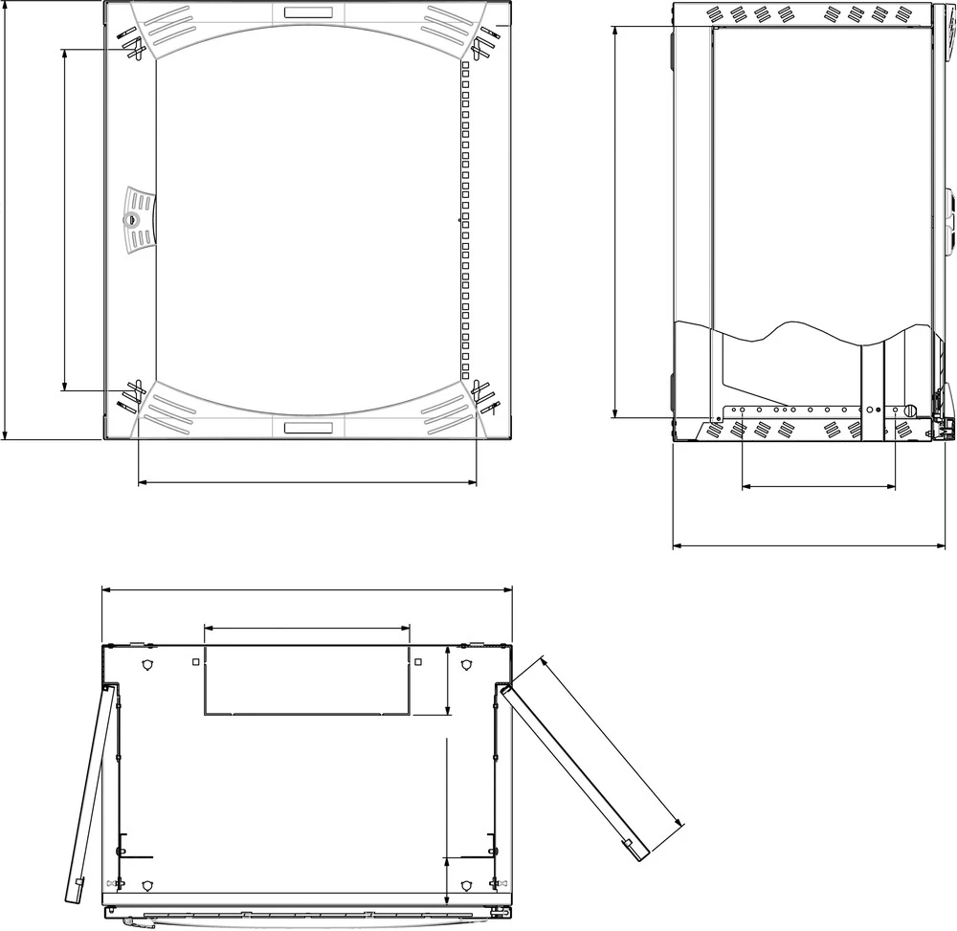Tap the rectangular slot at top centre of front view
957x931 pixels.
[x=308, y=13]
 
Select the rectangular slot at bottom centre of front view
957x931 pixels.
[x=308, y=428]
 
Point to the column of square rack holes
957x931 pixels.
[x=465, y=220]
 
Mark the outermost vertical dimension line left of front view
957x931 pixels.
[x=7, y=220]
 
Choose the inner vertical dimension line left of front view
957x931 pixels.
[x=64, y=220]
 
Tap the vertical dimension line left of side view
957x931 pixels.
[x=612, y=220]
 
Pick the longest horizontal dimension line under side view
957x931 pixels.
[x=813, y=546]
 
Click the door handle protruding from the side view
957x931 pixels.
[x=949, y=220]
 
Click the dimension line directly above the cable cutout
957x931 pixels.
[x=306, y=629]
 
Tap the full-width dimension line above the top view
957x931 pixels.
[x=306, y=590]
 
